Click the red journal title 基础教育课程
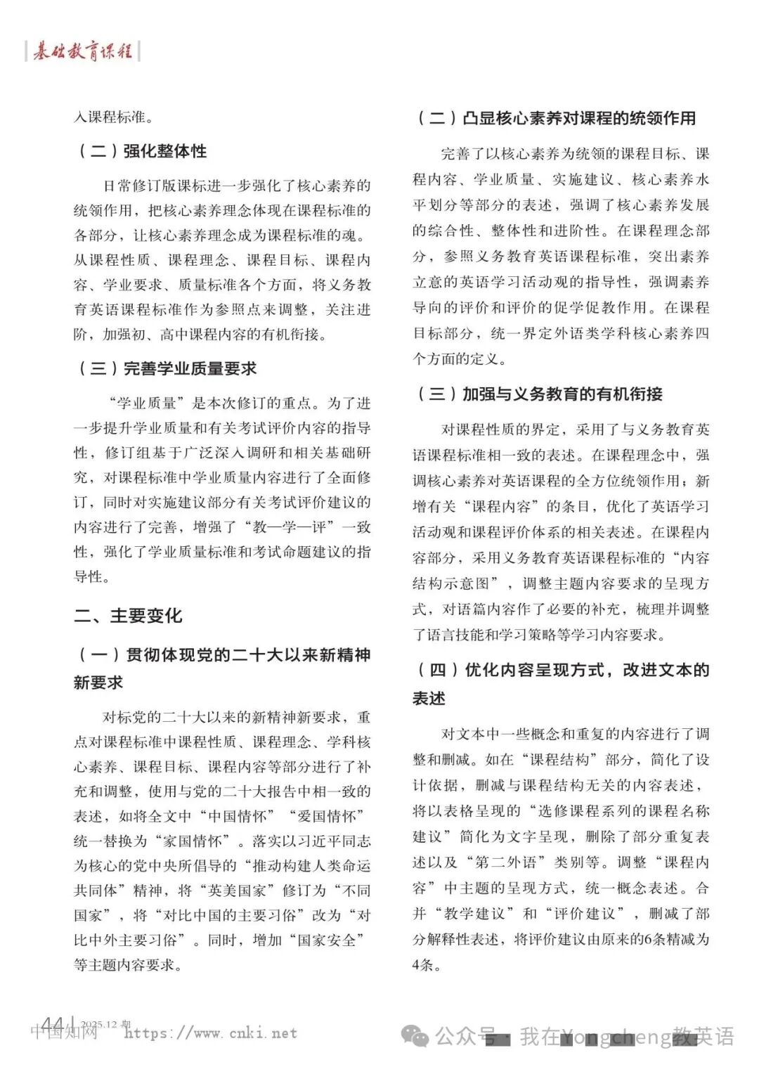(82, 51)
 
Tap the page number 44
(53, 1025)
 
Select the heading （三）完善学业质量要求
(166, 368)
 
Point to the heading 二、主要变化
(128, 616)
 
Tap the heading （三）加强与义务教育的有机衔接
(538, 394)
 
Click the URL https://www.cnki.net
(210, 1033)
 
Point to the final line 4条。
(427, 965)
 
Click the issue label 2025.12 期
(105, 1024)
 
